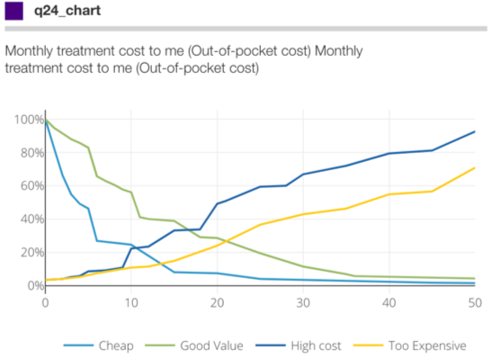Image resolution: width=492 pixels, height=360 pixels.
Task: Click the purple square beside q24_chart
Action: [x=13, y=11]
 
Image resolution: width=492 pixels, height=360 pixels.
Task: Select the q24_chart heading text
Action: [x=67, y=11]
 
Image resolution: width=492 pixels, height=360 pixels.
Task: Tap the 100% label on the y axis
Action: [x=29, y=120]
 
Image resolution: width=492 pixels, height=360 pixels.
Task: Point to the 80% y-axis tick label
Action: [x=32, y=153]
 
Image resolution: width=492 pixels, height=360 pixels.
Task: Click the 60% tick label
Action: [x=32, y=185]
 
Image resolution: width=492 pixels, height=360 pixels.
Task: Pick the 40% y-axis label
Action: [x=32, y=219]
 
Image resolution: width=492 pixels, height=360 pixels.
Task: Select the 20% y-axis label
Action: [x=32, y=252]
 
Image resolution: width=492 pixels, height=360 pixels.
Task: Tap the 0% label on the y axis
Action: [x=35, y=285]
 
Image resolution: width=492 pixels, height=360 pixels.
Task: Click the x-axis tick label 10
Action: [x=131, y=303]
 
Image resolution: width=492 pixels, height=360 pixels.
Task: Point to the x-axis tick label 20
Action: [x=217, y=303]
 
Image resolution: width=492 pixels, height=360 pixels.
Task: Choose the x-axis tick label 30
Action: [x=303, y=303]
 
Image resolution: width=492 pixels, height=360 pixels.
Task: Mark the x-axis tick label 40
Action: [x=389, y=303]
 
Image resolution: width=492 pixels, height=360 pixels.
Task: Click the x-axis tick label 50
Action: [x=475, y=303]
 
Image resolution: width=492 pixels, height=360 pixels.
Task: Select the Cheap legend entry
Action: [x=99, y=346]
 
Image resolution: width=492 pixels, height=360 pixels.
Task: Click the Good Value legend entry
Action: [x=194, y=346]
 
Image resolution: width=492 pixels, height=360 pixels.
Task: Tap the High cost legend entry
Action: [x=298, y=346]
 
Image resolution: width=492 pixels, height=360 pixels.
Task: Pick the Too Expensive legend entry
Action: [x=410, y=346]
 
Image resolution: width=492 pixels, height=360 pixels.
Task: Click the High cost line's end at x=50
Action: [x=475, y=131]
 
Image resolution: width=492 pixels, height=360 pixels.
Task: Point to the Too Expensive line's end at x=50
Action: [x=475, y=168]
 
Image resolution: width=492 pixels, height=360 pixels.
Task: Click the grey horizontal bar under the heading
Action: [x=246, y=29]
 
